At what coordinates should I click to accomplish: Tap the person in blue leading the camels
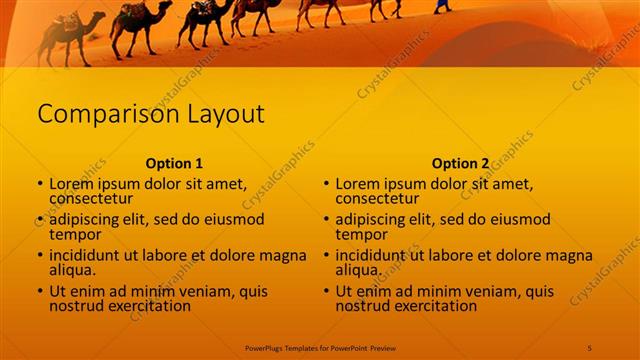tap(441, 6)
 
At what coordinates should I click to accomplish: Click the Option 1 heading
tap(174, 163)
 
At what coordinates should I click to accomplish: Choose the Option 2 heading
tap(460, 163)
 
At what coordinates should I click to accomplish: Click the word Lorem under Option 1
tap(71, 184)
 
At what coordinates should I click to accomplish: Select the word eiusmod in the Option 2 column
tap(516, 220)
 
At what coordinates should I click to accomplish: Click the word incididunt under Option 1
tap(89, 255)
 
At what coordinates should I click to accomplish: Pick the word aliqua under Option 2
tap(357, 270)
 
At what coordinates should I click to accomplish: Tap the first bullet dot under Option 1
tap(40, 185)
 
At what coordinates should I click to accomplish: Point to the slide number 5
tap(590, 347)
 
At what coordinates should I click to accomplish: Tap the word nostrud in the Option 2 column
tap(361, 305)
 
